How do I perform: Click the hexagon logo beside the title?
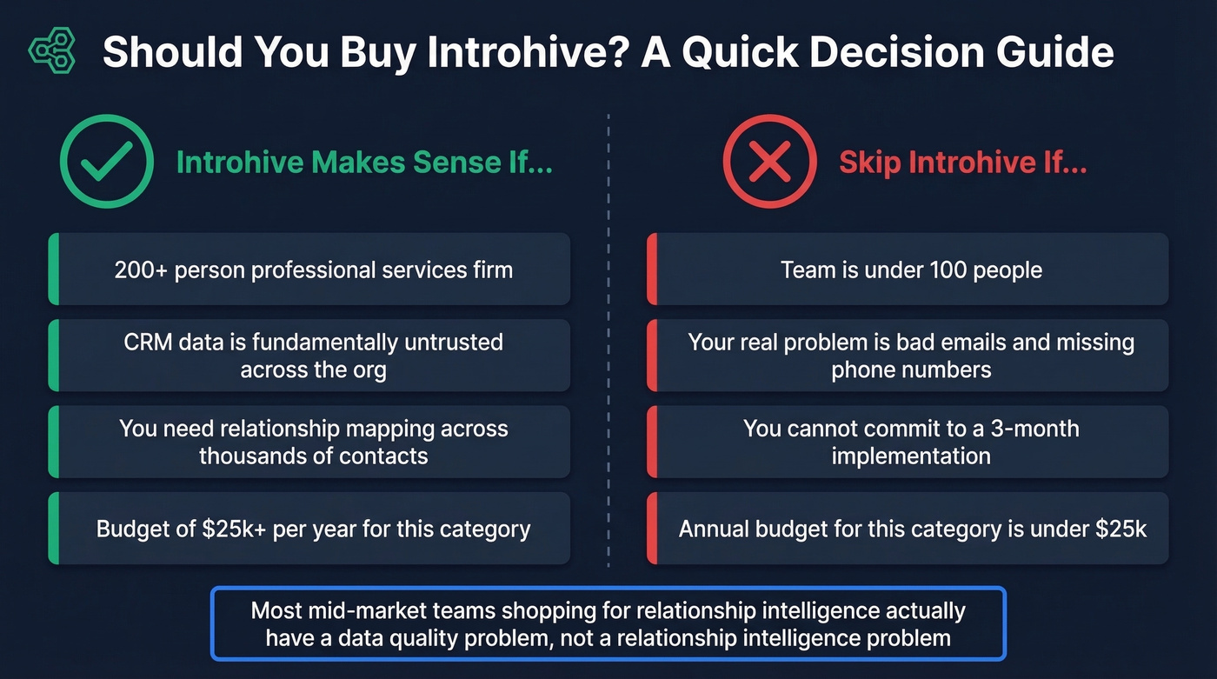(x=52, y=51)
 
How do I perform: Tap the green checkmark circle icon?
(x=106, y=162)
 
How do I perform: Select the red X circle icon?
(x=769, y=162)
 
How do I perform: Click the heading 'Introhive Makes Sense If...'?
(x=364, y=163)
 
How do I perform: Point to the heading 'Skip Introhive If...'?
(x=962, y=163)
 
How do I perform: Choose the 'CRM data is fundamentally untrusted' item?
(x=313, y=356)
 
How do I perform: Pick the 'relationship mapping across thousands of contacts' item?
(x=313, y=442)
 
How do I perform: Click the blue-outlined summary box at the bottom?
(x=608, y=624)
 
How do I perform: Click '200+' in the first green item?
(x=141, y=270)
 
